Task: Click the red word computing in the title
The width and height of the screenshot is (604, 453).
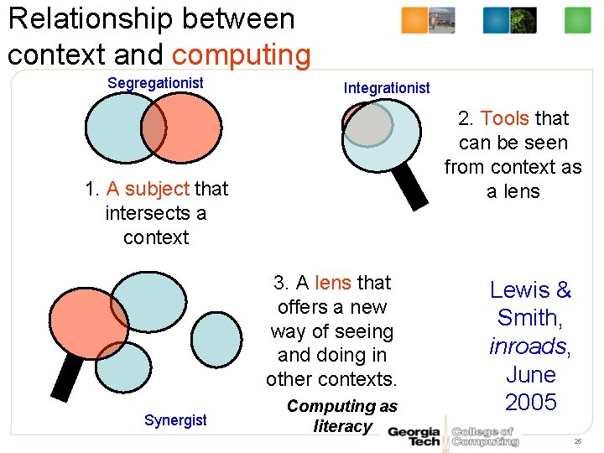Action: point(242,55)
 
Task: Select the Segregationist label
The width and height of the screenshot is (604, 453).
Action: point(155,82)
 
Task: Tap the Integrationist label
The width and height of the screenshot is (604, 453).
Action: point(387,87)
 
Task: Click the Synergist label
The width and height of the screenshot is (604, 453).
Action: point(174,419)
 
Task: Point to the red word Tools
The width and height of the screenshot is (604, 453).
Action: point(504,118)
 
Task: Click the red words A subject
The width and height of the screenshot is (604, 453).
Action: point(148,189)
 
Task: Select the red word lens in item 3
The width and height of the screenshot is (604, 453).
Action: point(333,283)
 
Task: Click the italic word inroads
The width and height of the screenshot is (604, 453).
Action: point(528,346)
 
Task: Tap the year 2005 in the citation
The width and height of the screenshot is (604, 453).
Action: point(531,403)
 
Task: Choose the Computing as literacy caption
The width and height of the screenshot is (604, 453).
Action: point(342,416)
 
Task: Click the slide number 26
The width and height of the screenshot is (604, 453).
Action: point(576,441)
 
